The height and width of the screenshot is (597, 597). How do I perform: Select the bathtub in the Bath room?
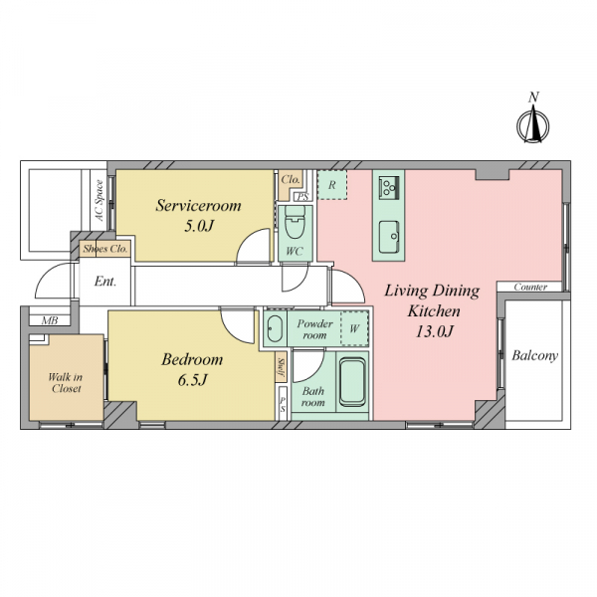[x=352, y=382]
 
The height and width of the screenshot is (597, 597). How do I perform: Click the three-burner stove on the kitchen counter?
[x=388, y=187]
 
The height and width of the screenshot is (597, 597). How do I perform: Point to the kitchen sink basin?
[x=389, y=236]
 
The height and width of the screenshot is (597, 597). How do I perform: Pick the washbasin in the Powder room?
[x=275, y=328]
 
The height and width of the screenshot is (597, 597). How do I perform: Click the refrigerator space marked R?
[x=332, y=185]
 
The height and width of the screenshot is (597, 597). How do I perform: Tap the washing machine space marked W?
[x=354, y=328]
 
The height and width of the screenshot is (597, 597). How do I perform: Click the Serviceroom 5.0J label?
[x=198, y=215]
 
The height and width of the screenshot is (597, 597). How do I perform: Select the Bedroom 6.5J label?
[x=192, y=369]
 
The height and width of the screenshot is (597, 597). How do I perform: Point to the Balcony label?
[x=534, y=355]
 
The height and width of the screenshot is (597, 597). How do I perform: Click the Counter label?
[x=530, y=287]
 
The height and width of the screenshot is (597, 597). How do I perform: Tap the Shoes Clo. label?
[x=105, y=249]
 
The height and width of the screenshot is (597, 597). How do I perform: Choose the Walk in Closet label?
[x=66, y=383]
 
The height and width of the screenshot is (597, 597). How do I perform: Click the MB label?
[x=50, y=320]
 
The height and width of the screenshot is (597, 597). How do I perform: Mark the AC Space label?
[x=99, y=201]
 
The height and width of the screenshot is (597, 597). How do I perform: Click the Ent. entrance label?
[x=105, y=282]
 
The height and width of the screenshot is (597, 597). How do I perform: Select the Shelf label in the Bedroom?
[x=282, y=367]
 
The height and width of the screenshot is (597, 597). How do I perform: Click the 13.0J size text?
[x=435, y=331]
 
